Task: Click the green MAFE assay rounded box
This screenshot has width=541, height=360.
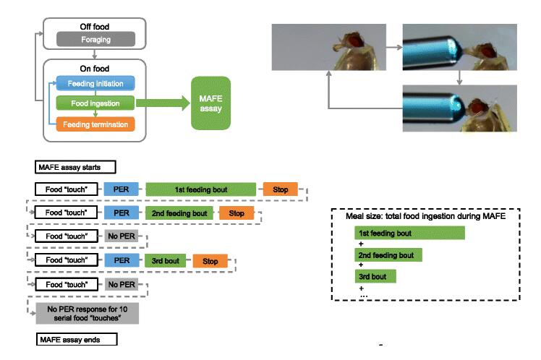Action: point(210,103)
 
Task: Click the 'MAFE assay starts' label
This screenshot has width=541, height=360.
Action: point(76,168)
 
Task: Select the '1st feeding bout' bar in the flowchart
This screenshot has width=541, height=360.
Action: point(201,190)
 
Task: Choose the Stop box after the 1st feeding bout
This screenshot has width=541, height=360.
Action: point(280,190)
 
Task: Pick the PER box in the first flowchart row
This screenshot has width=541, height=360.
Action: point(121,190)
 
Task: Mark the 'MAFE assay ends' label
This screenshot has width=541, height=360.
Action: point(76,338)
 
